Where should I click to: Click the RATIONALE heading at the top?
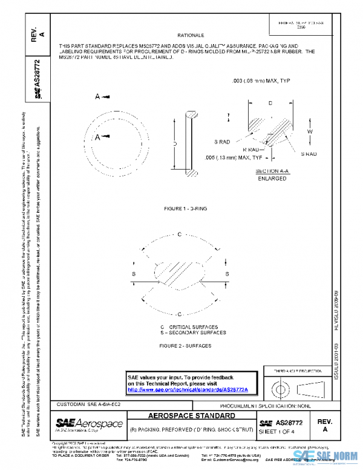[191, 36]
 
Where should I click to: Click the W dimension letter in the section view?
[309, 131]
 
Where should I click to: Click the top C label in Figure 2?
[180, 234]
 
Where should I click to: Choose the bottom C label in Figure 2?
[180, 314]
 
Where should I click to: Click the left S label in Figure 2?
[133, 274]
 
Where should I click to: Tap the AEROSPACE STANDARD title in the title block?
[192, 417]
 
